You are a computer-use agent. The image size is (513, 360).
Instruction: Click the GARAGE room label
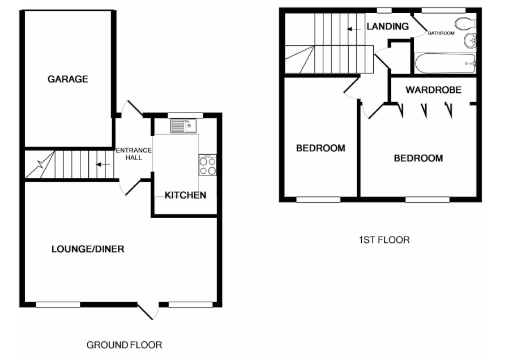tap(68, 79)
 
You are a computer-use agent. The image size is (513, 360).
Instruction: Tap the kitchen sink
tap(183, 126)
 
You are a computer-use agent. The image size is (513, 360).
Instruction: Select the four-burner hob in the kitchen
tap(207, 165)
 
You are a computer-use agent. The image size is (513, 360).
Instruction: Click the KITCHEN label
tap(186, 195)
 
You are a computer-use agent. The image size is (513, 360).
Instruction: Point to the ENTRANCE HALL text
tap(134, 153)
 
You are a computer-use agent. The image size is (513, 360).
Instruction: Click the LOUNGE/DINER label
tap(88, 249)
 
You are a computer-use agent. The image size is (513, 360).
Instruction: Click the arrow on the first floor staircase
tap(354, 29)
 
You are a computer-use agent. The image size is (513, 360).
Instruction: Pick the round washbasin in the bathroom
tap(470, 41)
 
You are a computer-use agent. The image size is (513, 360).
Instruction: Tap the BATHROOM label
tap(441, 33)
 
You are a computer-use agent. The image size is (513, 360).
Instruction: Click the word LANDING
tap(388, 26)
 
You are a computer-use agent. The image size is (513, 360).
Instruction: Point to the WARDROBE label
tap(434, 90)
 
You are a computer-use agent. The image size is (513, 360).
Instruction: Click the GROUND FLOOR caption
tap(125, 345)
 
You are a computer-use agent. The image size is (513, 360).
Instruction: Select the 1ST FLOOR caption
tap(384, 240)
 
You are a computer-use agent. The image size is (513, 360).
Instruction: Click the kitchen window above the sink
tap(186, 115)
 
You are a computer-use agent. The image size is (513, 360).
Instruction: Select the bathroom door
tap(419, 24)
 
